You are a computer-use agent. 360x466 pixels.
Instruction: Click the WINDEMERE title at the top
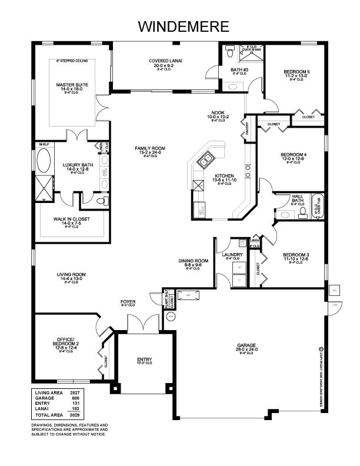pyautogui.click(x=180, y=26)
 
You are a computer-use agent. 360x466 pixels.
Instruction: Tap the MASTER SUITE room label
pyautogui.click(x=72, y=85)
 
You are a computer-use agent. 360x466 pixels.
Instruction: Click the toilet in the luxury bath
pyautogui.click(x=102, y=201)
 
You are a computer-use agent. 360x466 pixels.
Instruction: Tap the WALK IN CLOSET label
pyautogui.click(x=71, y=219)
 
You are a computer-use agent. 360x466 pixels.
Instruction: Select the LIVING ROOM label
pyautogui.click(x=71, y=274)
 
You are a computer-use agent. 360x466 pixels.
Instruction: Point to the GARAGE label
pyautogui.click(x=246, y=346)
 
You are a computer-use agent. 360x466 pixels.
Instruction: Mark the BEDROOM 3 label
pyautogui.click(x=296, y=255)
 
